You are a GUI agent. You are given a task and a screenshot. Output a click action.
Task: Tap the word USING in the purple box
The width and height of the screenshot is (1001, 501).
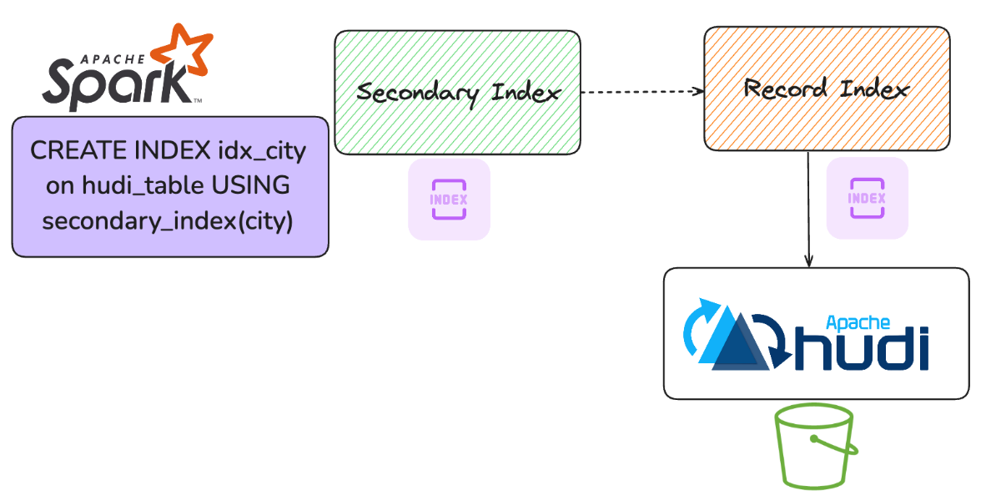[x=251, y=186]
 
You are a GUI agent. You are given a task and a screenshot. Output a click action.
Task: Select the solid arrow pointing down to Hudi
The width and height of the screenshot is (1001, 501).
[x=808, y=209]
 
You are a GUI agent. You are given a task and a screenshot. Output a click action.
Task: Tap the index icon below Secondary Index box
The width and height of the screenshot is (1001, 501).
[x=449, y=200]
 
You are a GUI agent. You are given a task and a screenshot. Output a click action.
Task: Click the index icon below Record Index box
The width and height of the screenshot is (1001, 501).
[x=867, y=198]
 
